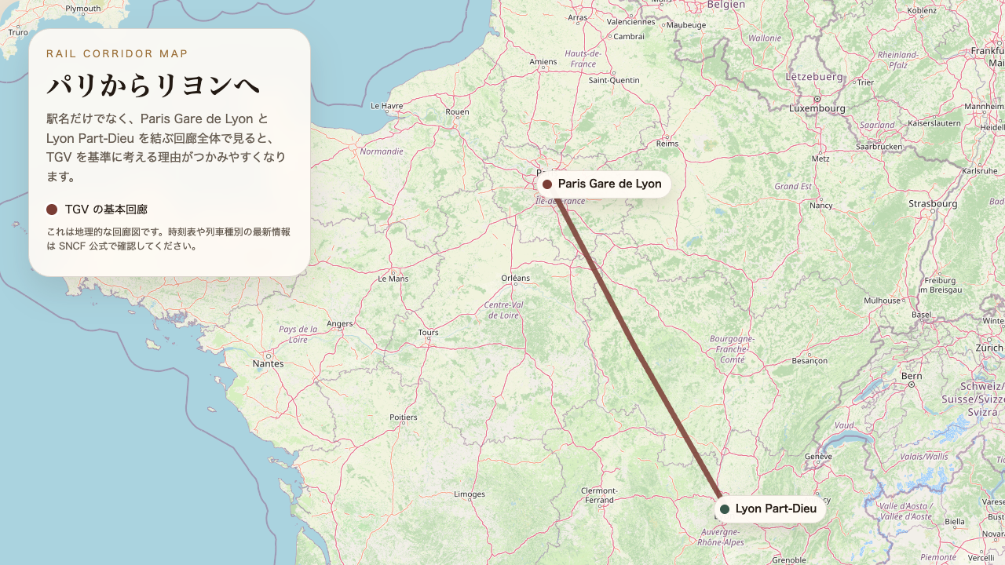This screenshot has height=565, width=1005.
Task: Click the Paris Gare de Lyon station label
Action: pyautogui.click(x=609, y=184)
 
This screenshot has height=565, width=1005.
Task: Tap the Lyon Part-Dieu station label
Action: pyautogui.click(x=776, y=508)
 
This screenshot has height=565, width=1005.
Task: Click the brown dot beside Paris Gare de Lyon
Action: pyautogui.click(x=547, y=184)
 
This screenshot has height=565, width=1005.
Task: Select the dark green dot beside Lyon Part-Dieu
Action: pyautogui.click(x=725, y=509)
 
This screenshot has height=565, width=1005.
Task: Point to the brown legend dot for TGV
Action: pyautogui.click(x=52, y=210)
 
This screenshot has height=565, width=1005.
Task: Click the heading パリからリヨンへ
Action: pyautogui.click(x=153, y=86)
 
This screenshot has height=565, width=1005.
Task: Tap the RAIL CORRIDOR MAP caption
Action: pyautogui.click(x=117, y=54)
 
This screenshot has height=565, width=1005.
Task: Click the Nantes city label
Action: pyautogui.click(x=268, y=363)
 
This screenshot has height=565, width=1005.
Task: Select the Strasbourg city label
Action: pyautogui.click(x=933, y=203)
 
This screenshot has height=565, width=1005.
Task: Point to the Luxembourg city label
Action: pyautogui.click(x=817, y=108)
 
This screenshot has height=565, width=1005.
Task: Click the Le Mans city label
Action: pyautogui.click(x=393, y=279)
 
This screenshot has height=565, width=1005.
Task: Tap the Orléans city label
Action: pyautogui.click(x=515, y=278)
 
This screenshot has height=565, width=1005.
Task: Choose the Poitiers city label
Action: pyautogui.click(x=404, y=417)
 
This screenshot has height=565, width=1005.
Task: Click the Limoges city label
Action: pyautogui.click(x=470, y=494)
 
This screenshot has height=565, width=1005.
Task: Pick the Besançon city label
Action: pyautogui.click(x=809, y=361)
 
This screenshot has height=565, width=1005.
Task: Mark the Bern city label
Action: pyautogui.click(x=912, y=376)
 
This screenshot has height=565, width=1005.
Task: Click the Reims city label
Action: pyautogui.click(x=667, y=144)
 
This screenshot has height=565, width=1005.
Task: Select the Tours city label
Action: pyautogui.click(x=428, y=333)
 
